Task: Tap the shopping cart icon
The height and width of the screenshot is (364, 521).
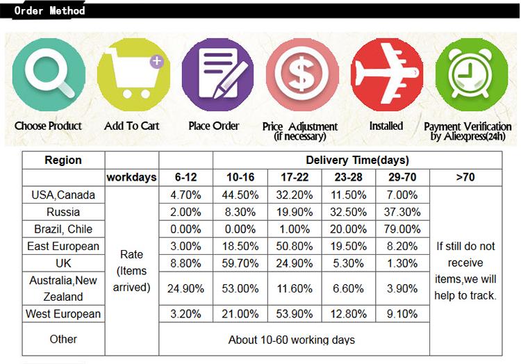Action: pyautogui.click(x=131, y=74)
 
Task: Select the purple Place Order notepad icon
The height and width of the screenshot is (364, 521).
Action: pyautogui.click(x=217, y=74)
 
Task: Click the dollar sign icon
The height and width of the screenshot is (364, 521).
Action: pyautogui.click(x=301, y=74)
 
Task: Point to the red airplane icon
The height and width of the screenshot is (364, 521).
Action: pyautogui.click(x=386, y=74)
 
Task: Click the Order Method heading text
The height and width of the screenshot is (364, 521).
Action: pyautogui.click(x=49, y=10)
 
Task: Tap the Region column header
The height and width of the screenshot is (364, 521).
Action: pyautogui.click(x=63, y=160)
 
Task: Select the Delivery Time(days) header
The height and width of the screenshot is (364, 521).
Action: pyautogui.click(x=358, y=160)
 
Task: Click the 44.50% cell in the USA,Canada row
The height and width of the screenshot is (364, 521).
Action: pyautogui.click(x=240, y=195)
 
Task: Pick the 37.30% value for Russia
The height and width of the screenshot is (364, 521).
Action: pyautogui.click(x=403, y=212)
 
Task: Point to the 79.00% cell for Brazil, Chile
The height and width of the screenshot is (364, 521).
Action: pyautogui.click(x=403, y=229)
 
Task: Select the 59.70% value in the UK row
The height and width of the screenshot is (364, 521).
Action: pyautogui.click(x=240, y=263)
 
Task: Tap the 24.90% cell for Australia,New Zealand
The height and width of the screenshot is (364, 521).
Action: pyautogui.click(x=185, y=288)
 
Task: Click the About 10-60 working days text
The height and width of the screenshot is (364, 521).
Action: pyautogui.click(x=292, y=340)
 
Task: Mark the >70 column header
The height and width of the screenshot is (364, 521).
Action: pyautogui.click(x=465, y=178)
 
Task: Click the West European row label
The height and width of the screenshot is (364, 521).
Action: pyautogui.click(x=63, y=314)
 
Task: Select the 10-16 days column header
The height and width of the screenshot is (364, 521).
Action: pyautogui.click(x=240, y=178)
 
